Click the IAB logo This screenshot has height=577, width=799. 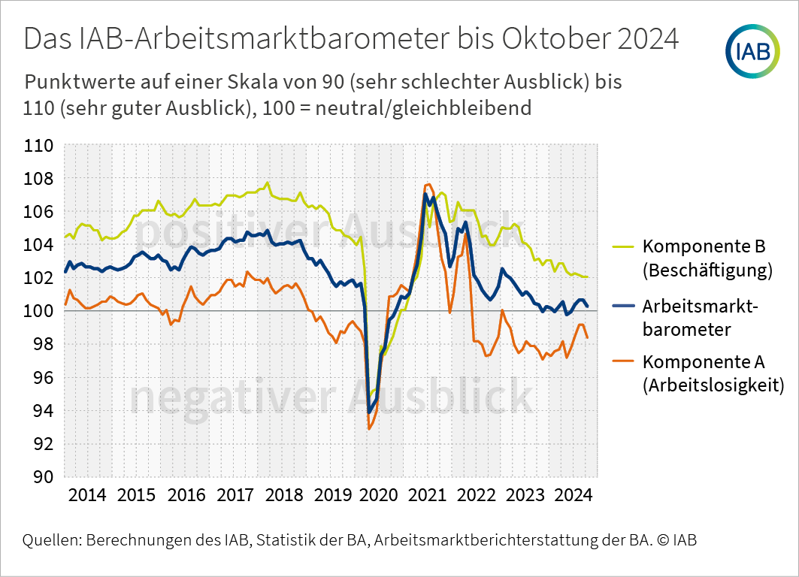click(x=752, y=51)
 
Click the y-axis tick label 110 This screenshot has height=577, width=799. click(x=39, y=146)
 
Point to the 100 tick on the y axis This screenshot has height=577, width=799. click(x=39, y=310)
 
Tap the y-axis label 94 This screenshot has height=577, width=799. click(x=44, y=410)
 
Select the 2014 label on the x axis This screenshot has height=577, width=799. click(x=87, y=495)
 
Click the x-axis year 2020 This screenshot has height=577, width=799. click(x=379, y=495)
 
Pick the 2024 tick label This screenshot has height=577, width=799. click(x=574, y=495)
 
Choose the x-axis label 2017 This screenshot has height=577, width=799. click(x=235, y=495)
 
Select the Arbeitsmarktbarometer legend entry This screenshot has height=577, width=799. click(x=686, y=318)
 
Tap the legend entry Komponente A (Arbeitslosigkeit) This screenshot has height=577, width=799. click(x=698, y=373)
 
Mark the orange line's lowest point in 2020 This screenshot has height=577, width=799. click(x=369, y=429)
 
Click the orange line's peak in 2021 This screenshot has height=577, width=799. click(x=428, y=184)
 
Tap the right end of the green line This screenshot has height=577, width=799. click(x=588, y=277)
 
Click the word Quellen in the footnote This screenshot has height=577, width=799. click(x=52, y=540)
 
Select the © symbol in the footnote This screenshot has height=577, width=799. click(x=663, y=540)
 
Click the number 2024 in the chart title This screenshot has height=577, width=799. click(x=648, y=38)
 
